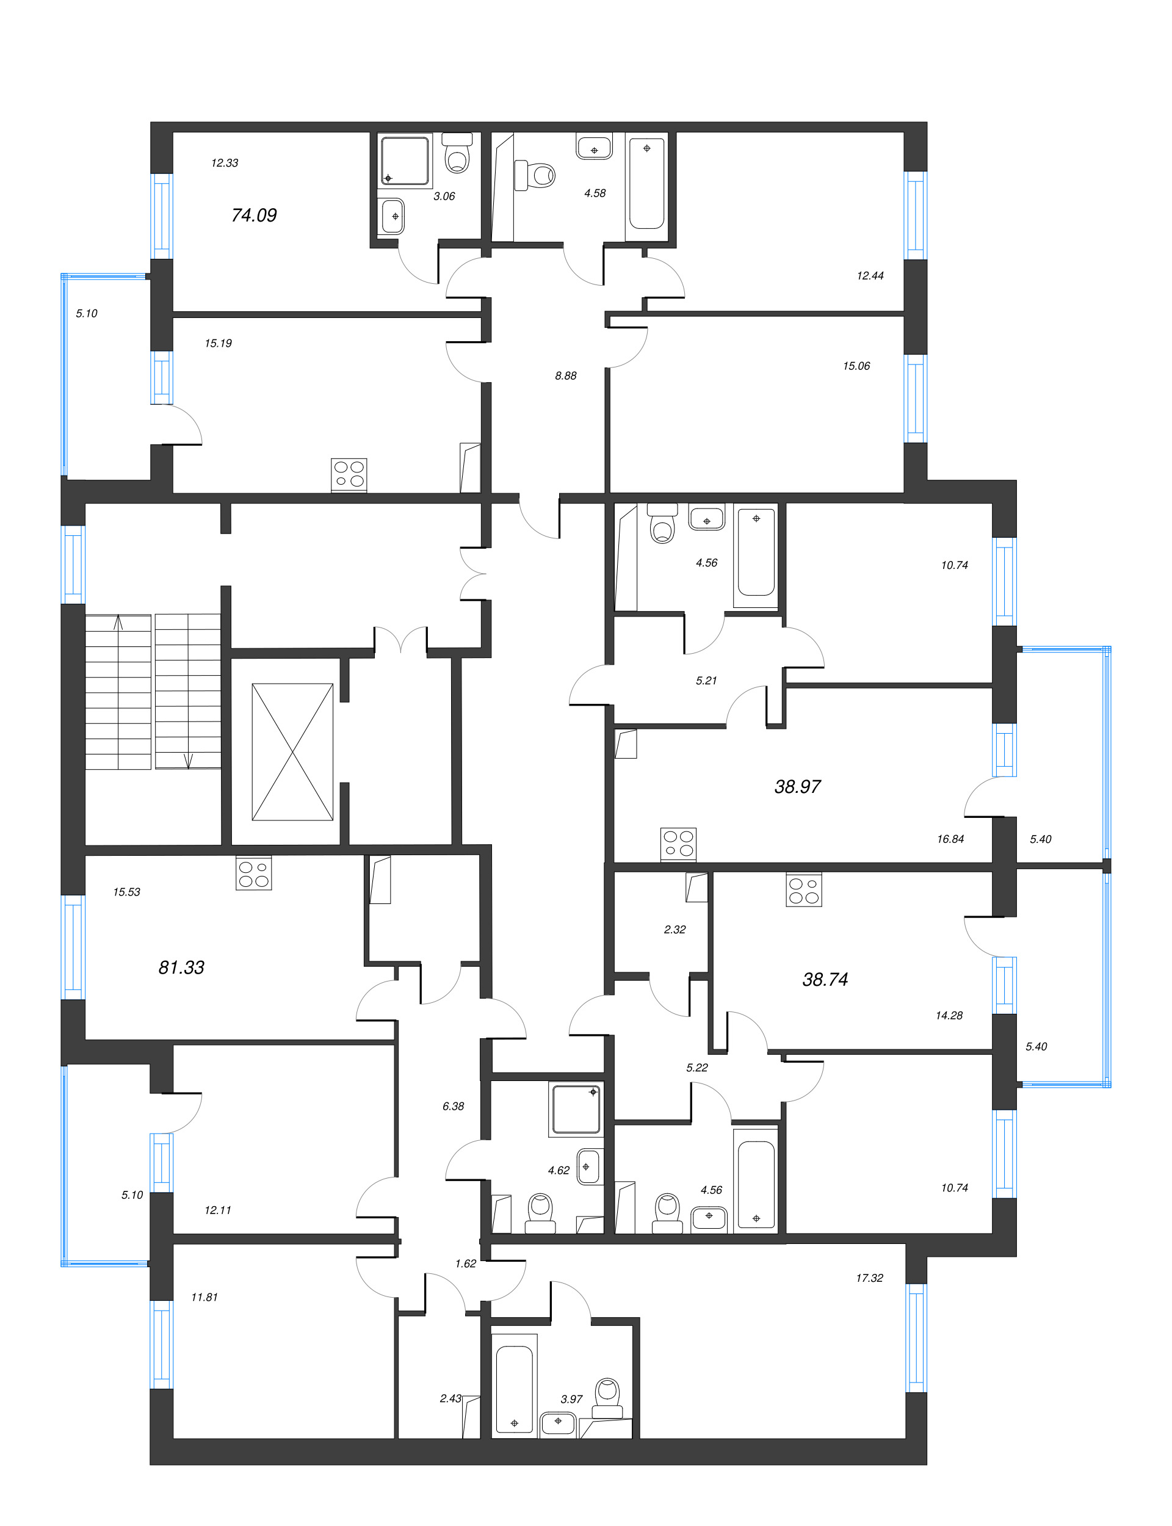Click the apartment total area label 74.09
click(x=254, y=215)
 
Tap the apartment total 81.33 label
click(x=181, y=967)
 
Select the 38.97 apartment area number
click(x=797, y=787)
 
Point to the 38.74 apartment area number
click(x=825, y=979)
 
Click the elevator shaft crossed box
click(x=292, y=752)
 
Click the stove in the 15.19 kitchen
click(x=349, y=474)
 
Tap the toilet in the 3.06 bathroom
click(x=458, y=155)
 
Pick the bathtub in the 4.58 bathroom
click(x=646, y=185)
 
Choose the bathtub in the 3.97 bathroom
click(x=514, y=1388)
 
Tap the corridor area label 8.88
click(x=566, y=376)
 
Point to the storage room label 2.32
click(x=675, y=930)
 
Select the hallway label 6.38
click(x=453, y=1106)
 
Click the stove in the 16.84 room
click(x=678, y=843)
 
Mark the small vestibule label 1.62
click(x=465, y=1264)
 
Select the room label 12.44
click(x=870, y=276)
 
